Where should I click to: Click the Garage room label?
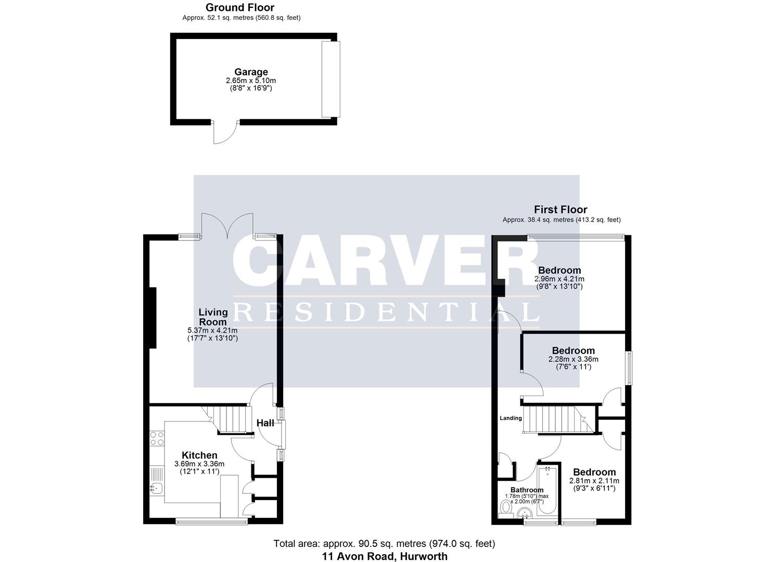251,72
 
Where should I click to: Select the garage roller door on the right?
330,79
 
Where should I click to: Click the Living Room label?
213,316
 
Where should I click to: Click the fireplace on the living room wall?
153,317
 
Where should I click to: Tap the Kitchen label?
199,455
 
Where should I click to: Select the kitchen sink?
156,488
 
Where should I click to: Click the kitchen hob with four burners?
157,438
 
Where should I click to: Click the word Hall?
265,423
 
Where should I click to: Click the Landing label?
511,418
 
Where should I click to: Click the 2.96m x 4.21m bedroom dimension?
560,279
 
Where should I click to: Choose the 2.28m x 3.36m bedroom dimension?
573,359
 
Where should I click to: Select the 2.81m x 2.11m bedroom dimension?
594,481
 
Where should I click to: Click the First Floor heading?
560,210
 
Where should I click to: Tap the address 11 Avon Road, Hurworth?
384,556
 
